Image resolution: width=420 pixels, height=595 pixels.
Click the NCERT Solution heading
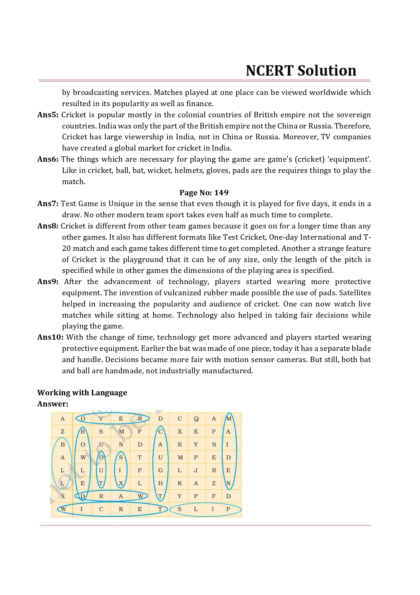(301, 71)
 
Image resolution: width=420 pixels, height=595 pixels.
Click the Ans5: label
(48, 115)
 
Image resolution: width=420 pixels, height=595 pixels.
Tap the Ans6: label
(48, 159)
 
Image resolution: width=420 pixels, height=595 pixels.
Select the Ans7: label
(48, 203)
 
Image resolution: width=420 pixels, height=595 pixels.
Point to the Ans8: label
(48, 226)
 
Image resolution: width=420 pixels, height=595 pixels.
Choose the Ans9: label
(48, 281)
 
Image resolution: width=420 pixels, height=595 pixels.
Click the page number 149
(221, 193)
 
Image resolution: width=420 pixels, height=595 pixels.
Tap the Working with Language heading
(82, 393)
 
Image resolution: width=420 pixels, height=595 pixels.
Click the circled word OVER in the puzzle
(112, 419)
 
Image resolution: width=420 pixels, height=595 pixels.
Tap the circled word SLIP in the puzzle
(205, 509)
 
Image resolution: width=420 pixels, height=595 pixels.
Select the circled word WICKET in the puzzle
(112, 509)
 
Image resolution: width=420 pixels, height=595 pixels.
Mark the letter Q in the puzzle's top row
(196, 419)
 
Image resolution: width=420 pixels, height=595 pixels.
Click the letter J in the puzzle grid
(196, 471)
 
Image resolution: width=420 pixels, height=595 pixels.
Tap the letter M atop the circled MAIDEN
(229, 419)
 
